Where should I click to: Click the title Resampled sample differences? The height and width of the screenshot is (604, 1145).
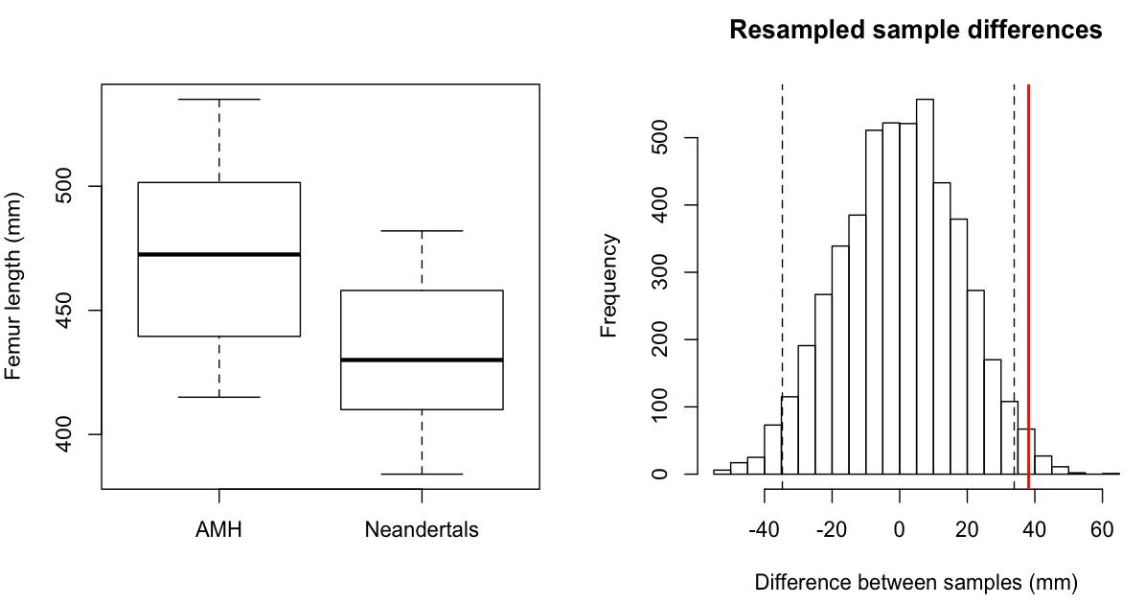915,31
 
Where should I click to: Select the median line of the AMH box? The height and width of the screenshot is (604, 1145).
219,254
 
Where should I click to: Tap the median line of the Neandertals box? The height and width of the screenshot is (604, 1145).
422,360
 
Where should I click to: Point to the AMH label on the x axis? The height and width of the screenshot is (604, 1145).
219,529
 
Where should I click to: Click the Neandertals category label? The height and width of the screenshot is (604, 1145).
422,529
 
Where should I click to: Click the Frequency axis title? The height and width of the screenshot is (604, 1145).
609,286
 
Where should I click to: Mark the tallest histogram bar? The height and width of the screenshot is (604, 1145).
925,288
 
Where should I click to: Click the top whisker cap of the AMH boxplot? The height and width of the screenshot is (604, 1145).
219,100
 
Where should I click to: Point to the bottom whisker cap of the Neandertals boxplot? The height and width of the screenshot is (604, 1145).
422,474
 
